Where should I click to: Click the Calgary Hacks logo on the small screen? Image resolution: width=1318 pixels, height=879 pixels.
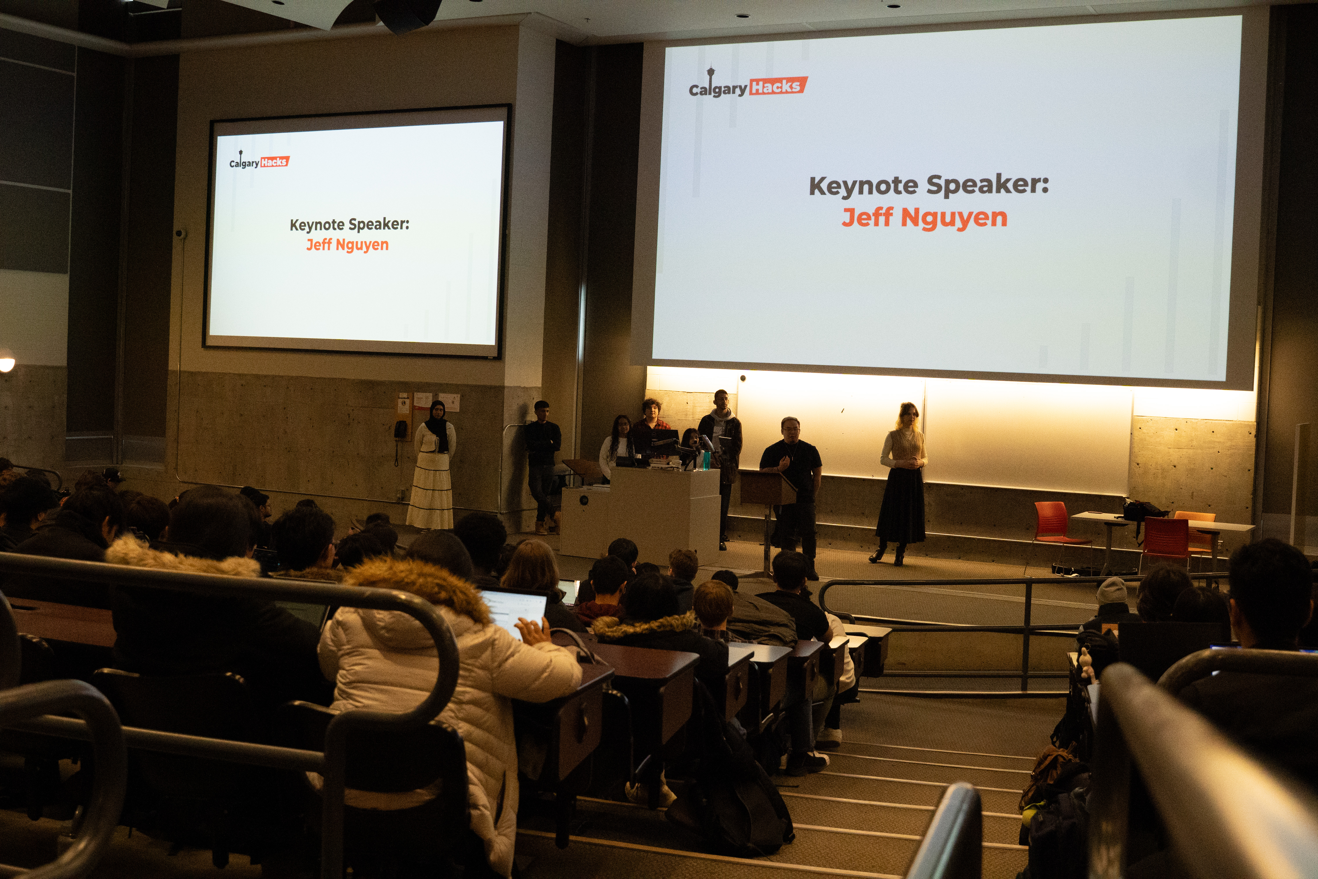point(259,162)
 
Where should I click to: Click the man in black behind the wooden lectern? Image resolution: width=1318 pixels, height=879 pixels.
point(791,482)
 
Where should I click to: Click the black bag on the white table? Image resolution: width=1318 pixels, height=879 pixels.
point(1143,510)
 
